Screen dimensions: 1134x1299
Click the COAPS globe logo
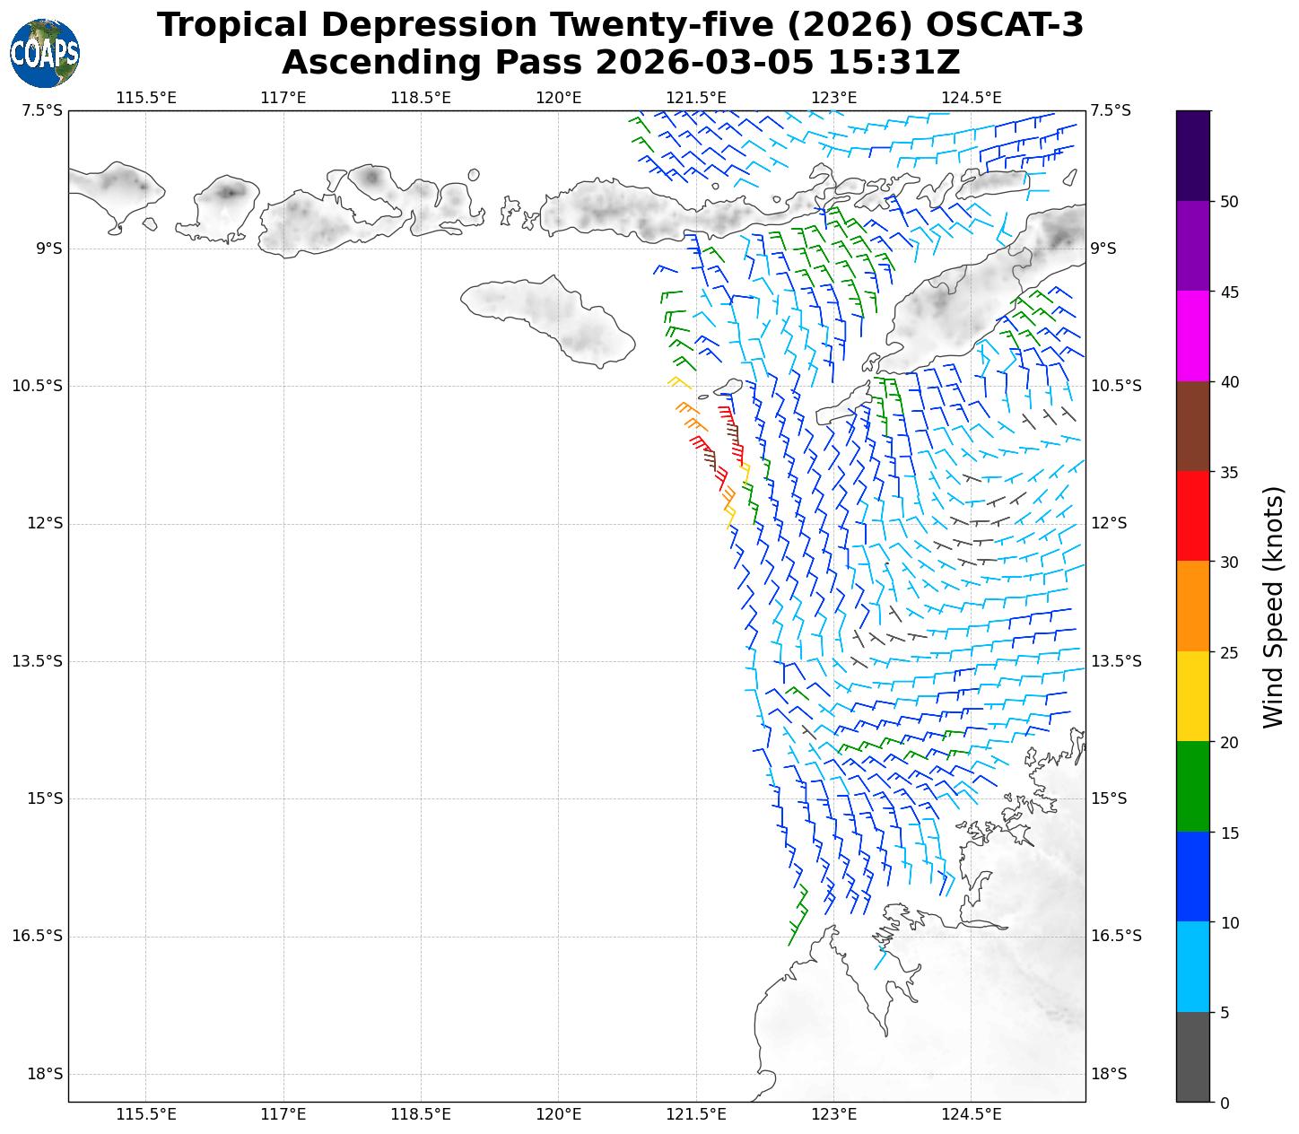click(45, 53)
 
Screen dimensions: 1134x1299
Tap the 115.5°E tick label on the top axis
click(146, 97)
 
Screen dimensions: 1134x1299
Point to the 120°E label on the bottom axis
click(559, 1114)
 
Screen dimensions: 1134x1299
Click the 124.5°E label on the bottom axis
click(972, 1114)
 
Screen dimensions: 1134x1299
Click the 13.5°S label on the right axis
click(1116, 661)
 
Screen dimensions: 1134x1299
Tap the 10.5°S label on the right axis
click(1116, 386)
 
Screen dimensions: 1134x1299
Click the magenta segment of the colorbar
click(1193, 336)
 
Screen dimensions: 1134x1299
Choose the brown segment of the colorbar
click(1193, 426)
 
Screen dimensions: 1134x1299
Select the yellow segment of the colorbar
click(1193, 696)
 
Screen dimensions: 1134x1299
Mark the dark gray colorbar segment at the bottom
click(1193, 1057)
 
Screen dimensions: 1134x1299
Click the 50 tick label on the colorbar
click(1229, 201)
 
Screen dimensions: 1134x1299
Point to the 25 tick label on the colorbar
click(1229, 652)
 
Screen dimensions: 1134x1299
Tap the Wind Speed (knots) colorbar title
click(1273, 606)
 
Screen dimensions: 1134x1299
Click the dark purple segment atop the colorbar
click(1193, 155)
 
